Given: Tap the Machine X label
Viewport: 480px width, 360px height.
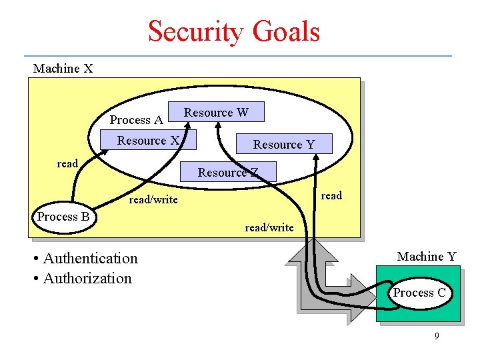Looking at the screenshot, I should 63,69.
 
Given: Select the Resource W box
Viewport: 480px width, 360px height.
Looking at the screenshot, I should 217,113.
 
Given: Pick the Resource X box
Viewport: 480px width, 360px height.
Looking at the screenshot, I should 148,141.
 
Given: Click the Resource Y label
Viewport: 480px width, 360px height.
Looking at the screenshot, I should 283,145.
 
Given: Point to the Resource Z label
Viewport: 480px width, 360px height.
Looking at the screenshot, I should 227,173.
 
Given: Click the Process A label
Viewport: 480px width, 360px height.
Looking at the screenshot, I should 136,120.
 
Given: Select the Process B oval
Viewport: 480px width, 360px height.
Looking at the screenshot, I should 64,217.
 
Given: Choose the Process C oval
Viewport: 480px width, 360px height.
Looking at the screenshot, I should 419,293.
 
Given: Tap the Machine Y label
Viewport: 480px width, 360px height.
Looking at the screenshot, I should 427,257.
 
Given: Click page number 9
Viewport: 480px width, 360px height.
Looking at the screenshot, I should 437,336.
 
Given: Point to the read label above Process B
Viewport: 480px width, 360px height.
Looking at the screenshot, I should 67,164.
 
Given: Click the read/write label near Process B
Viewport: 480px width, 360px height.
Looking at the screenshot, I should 153,199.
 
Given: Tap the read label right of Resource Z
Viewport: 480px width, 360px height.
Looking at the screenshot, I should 331,195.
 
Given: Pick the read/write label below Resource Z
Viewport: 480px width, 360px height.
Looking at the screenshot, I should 269,227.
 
